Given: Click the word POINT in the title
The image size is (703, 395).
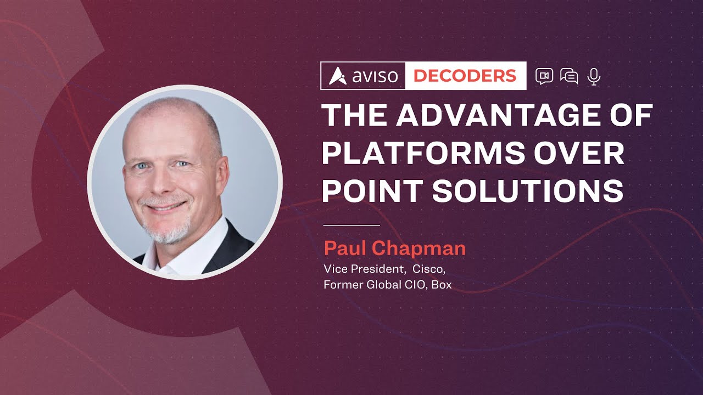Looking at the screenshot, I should [371, 191].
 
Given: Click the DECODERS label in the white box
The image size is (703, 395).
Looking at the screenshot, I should [465, 76].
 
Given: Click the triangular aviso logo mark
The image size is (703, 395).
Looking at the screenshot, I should [337, 76].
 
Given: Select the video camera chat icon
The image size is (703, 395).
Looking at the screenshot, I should [544, 76].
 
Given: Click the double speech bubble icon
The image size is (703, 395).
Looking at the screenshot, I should [568, 76].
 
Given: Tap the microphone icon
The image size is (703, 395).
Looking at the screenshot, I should [593, 76].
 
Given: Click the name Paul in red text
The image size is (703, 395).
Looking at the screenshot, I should [344, 249].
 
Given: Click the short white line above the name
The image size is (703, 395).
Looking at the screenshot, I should [351, 225].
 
